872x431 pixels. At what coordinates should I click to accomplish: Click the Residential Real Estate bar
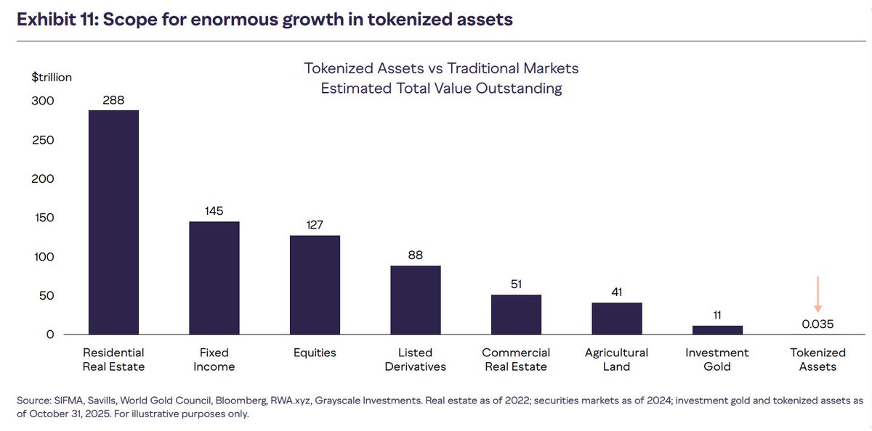coord(113,222)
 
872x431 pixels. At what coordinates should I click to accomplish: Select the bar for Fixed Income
coord(214,278)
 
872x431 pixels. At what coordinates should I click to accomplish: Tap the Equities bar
coord(315,285)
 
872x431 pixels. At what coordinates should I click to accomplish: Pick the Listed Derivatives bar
coord(416,300)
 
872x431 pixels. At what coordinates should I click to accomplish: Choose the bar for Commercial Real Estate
coord(516,315)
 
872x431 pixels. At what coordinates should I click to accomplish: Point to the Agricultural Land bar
coord(617,319)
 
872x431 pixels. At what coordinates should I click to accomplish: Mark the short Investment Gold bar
coord(717,330)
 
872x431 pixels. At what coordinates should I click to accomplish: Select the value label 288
coord(113,99)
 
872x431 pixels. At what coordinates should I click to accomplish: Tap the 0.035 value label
coord(817,323)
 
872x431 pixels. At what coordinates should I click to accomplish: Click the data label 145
coord(214,210)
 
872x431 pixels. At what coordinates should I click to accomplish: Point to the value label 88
coord(416,255)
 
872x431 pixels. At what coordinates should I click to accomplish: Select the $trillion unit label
coord(50,77)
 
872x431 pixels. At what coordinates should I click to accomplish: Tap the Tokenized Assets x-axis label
coord(817,359)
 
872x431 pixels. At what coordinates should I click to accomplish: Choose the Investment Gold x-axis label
coord(717,359)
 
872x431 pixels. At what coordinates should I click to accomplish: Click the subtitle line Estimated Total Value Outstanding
coord(442,89)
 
